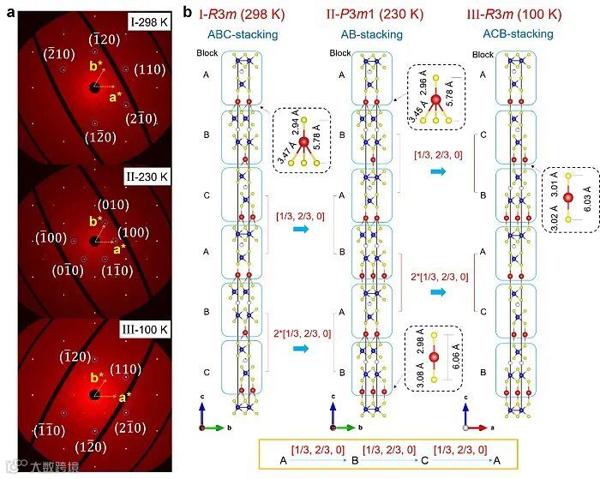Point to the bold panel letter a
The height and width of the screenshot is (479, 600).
(7, 10)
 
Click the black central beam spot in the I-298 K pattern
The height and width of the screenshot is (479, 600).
(93, 87)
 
